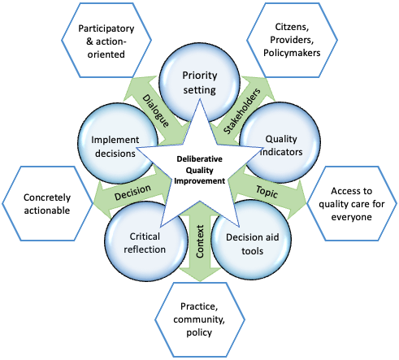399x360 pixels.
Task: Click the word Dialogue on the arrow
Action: point(156,111)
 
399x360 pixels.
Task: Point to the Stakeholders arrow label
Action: point(242,111)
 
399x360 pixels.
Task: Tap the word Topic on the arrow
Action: point(267,192)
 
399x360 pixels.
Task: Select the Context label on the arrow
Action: point(200,241)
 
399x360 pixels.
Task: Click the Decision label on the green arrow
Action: point(132,192)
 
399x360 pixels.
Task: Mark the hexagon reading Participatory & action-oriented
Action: point(106,41)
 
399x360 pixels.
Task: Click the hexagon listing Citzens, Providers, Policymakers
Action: point(292,40)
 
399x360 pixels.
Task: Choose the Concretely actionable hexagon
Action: point(47,203)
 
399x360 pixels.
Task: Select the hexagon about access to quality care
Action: point(352,203)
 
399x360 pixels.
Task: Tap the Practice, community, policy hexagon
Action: point(200,319)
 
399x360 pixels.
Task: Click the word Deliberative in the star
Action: point(200,159)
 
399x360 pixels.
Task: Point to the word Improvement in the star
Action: point(200,181)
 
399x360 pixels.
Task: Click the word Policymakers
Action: point(292,53)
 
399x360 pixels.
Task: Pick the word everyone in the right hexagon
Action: point(352,217)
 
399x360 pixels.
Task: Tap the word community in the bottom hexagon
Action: point(199,319)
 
